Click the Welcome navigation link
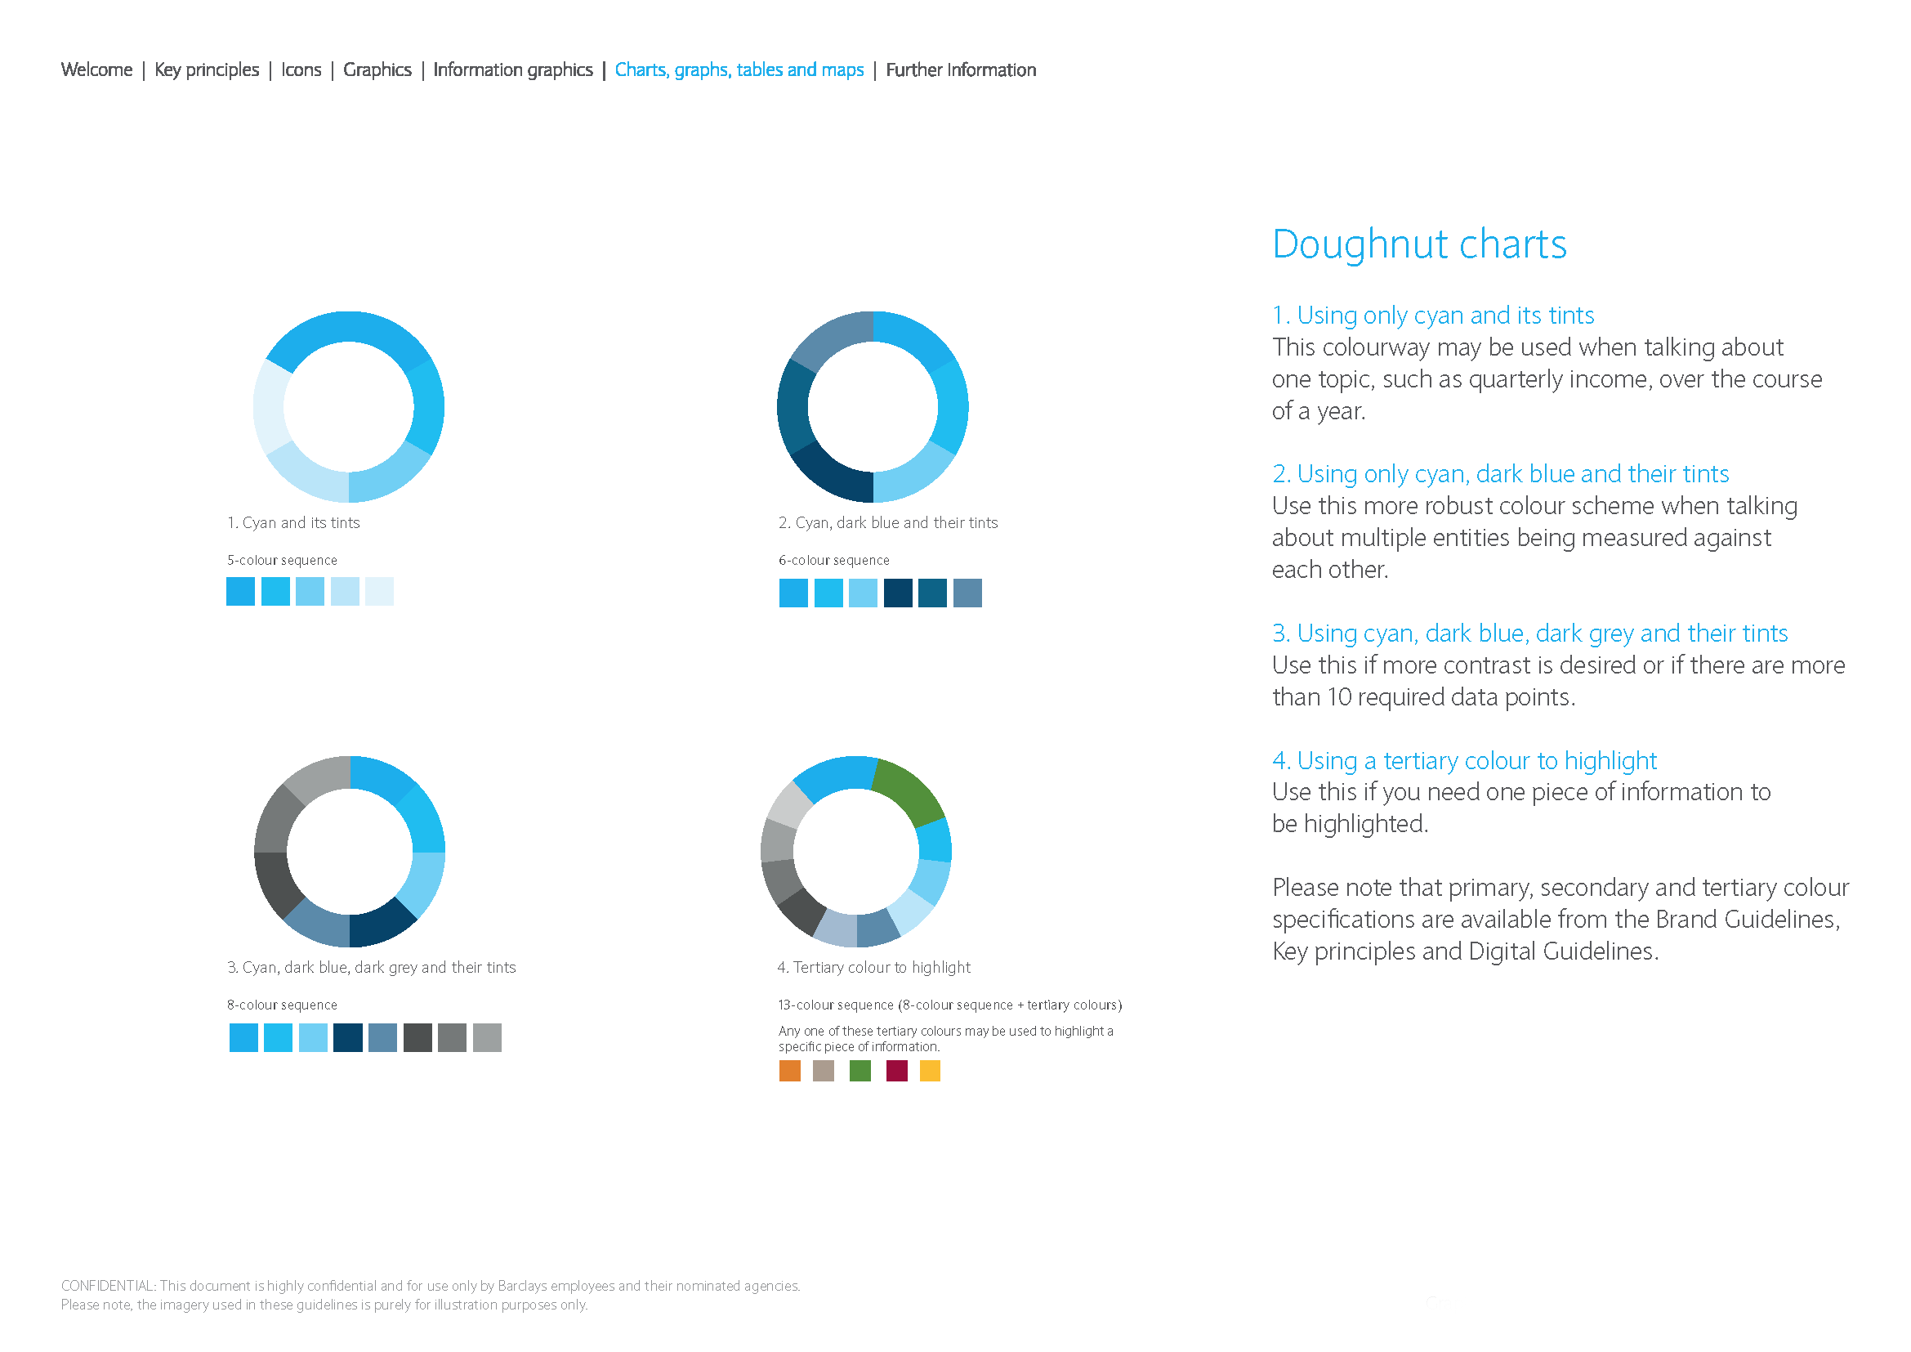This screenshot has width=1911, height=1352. pyautogui.click(x=96, y=70)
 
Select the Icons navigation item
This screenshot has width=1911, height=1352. pyautogui.click(x=301, y=70)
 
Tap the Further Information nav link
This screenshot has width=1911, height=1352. pyautogui.click(x=962, y=70)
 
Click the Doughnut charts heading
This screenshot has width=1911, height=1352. pyautogui.click(x=1419, y=244)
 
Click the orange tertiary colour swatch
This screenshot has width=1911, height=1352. pyautogui.click(x=790, y=1071)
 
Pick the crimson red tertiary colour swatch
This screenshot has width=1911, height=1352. pyautogui.click(x=896, y=1071)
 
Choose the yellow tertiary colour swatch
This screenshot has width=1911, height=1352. pyautogui.click(x=930, y=1071)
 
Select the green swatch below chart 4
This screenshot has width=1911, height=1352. pyautogui.click(x=860, y=1071)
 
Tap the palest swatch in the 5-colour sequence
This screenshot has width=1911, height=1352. pyautogui.click(x=380, y=592)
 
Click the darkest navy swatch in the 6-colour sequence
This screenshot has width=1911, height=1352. pyautogui.click(x=898, y=593)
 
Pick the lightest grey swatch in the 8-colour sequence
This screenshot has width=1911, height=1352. pyautogui.click(x=487, y=1038)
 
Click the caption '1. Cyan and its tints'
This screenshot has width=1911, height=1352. pyautogui.click(x=294, y=523)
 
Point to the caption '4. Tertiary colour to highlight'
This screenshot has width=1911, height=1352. pyautogui.click(x=874, y=967)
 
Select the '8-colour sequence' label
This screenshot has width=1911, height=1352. pyautogui.click(x=282, y=1005)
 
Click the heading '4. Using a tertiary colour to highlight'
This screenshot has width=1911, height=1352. pyautogui.click(x=1464, y=761)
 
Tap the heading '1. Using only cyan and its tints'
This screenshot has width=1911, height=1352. pyautogui.click(x=1432, y=316)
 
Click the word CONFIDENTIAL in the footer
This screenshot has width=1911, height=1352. pyautogui.click(x=107, y=1287)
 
